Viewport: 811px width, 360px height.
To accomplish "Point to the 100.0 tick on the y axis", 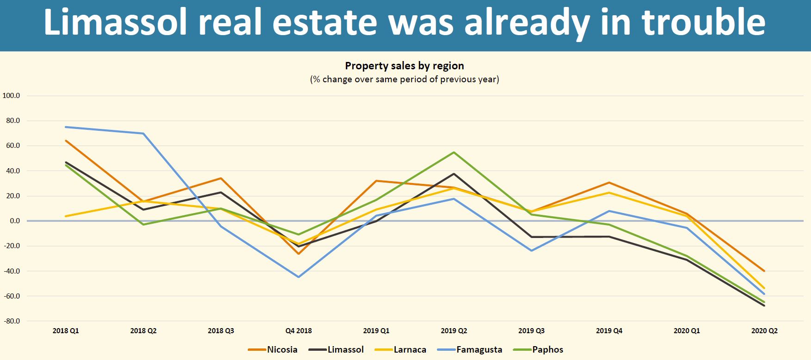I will pyautogui.click(x=11, y=96).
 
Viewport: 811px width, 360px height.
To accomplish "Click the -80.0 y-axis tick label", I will pyautogui.click(x=11, y=321).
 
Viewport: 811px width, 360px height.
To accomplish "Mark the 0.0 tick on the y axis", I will pyautogui.click(x=14, y=221).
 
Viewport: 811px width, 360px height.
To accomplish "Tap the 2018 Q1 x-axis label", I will pyautogui.click(x=66, y=331).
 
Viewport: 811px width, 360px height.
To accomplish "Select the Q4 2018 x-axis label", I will pyautogui.click(x=298, y=331).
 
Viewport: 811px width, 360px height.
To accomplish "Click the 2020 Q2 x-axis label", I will pyautogui.click(x=764, y=331).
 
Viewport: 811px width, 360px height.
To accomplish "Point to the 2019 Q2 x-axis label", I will pyautogui.click(x=454, y=331).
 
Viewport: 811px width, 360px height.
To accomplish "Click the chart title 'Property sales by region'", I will pyautogui.click(x=405, y=66).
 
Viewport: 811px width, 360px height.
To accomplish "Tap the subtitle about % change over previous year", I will pyautogui.click(x=405, y=79).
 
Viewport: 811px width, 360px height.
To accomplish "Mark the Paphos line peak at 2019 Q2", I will pyautogui.click(x=454, y=153).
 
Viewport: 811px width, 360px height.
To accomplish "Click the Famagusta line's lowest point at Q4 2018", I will pyautogui.click(x=299, y=277).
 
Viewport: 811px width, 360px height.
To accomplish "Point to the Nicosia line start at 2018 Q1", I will pyautogui.click(x=66, y=140).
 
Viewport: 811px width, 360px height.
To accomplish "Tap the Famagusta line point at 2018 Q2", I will pyautogui.click(x=143, y=134).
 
